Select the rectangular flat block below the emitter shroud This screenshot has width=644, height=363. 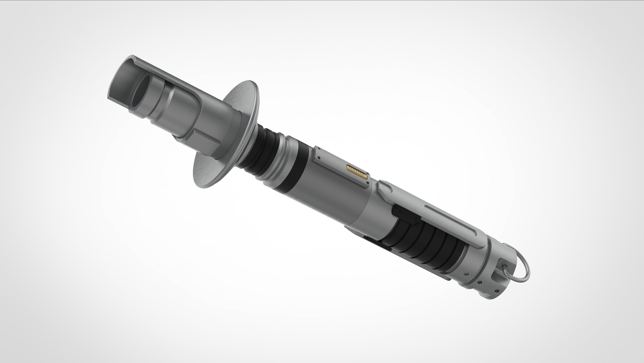(202, 146)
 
